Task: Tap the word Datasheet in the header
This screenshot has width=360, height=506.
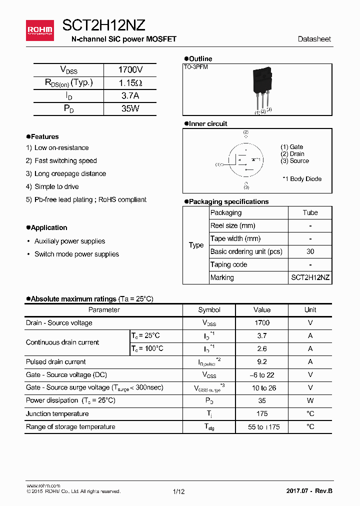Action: coord(314,39)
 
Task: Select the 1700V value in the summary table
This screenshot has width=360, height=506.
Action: coord(130,70)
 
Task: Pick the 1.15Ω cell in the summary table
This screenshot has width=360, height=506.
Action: coord(130,83)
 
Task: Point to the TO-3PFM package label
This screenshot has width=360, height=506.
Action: coord(196,67)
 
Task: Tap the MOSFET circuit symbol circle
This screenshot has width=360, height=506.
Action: coord(246,161)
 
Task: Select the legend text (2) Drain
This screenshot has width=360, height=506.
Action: coord(292,154)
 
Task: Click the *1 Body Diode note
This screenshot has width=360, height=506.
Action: coord(302,179)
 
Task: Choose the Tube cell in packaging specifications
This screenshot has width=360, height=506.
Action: coord(310,213)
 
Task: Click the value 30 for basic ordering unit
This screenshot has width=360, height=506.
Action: coord(310,252)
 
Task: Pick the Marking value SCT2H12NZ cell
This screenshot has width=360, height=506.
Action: coord(310,278)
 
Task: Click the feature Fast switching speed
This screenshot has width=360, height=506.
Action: coord(65,161)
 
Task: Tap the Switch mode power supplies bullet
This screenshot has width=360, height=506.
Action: coord(76,254)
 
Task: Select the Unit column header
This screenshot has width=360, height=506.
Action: coord(310,310)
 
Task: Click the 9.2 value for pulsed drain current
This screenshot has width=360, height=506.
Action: coord(261,362)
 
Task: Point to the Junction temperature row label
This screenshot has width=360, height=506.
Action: coord(57,414)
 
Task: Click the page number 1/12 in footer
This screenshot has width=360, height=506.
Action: coord(178,492)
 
